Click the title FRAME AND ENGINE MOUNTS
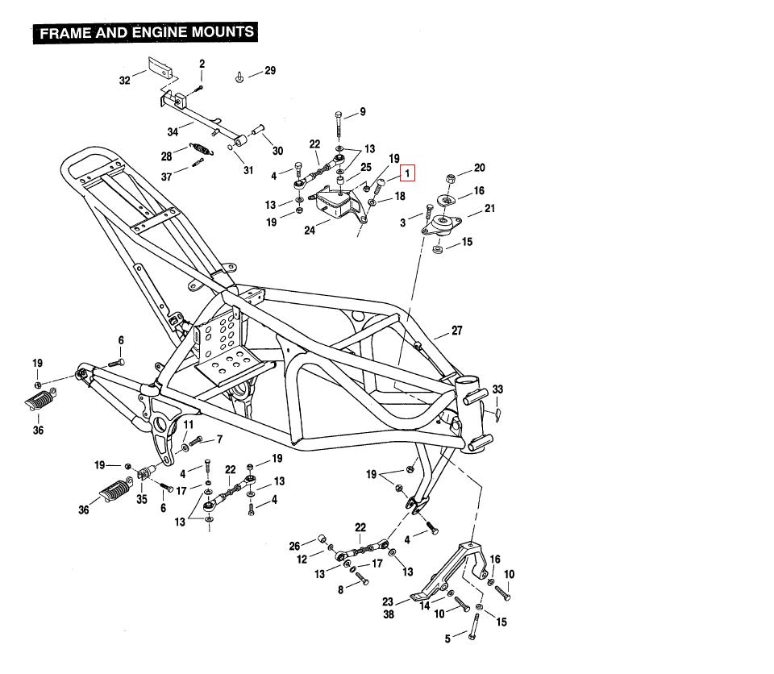click(x=147, y=33)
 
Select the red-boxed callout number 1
click(x=408, y=172)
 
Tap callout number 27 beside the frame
click(x=457, y=331)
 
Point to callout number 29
click(x=270, y=71)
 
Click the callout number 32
click(x=124, y=80)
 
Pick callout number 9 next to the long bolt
click(x=362, y=112)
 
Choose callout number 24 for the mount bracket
click(x=310, y=230)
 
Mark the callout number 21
click(x=489, y=210)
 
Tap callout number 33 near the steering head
click(x=497, y=389)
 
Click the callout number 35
click(x=142, y=499)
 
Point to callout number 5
click(x=447, y=639)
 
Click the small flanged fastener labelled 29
click(x=240, y=77)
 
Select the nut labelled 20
click(x=452, y=177)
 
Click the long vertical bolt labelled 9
click(x=338, y=123)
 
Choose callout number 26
click(x=294, y=546)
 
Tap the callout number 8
click(x=341, y=590)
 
